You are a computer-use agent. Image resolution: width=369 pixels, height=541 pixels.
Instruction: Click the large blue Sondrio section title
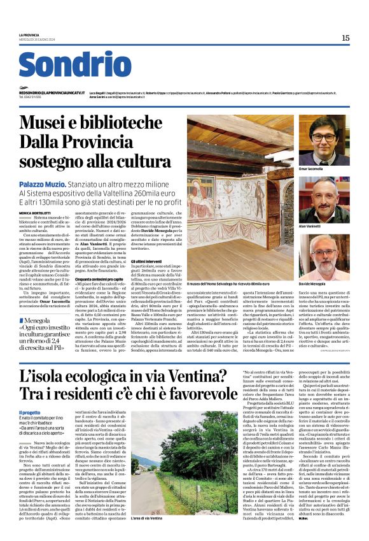point(76,65)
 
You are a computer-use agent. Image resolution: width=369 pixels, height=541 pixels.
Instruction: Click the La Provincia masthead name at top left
point(29,35)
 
